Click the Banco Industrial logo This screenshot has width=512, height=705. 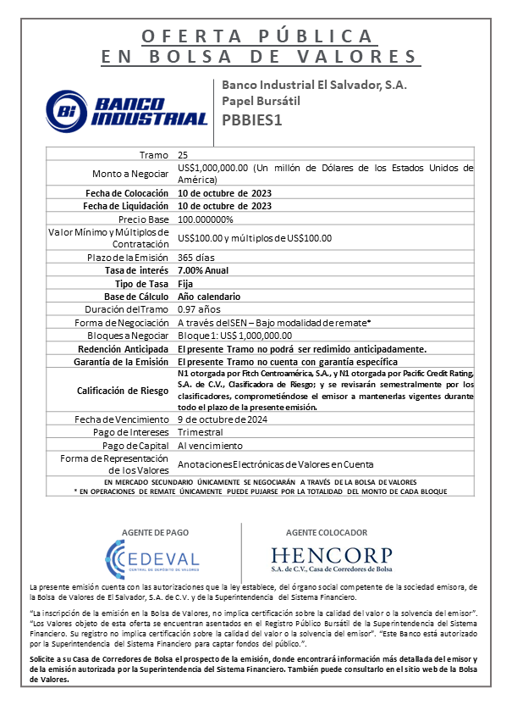coord(126,108)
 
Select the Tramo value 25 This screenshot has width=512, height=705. coord(183,155)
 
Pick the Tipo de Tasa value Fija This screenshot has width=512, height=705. coord(186,283)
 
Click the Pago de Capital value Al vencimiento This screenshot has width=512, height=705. coord(210,446)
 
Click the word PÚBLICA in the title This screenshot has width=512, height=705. coord(318,36)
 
